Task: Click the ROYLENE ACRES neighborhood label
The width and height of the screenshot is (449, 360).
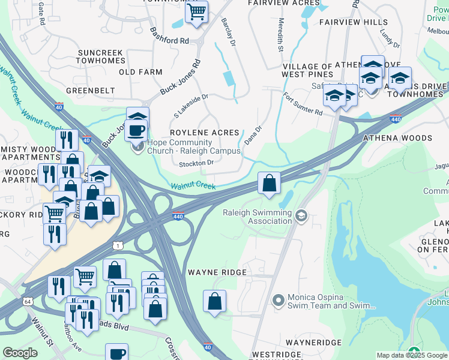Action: point(205,133)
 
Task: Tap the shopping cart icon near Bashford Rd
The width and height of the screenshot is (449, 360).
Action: point(196,12)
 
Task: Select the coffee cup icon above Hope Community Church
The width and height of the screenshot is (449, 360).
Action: point(137,129)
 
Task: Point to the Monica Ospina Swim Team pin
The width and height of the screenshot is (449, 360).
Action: point(277,299)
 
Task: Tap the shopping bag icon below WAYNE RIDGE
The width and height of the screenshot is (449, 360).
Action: point(214,301)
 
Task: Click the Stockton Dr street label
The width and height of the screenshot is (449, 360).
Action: point(196,163)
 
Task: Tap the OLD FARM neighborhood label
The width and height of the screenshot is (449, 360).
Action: point(140,72)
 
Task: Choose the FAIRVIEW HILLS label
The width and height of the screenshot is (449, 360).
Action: point(354,22)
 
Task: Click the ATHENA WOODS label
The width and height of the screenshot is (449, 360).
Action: point(397,138)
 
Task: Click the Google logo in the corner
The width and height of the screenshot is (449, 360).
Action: point(20,353)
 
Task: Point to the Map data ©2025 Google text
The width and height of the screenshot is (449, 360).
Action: point(411,355)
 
